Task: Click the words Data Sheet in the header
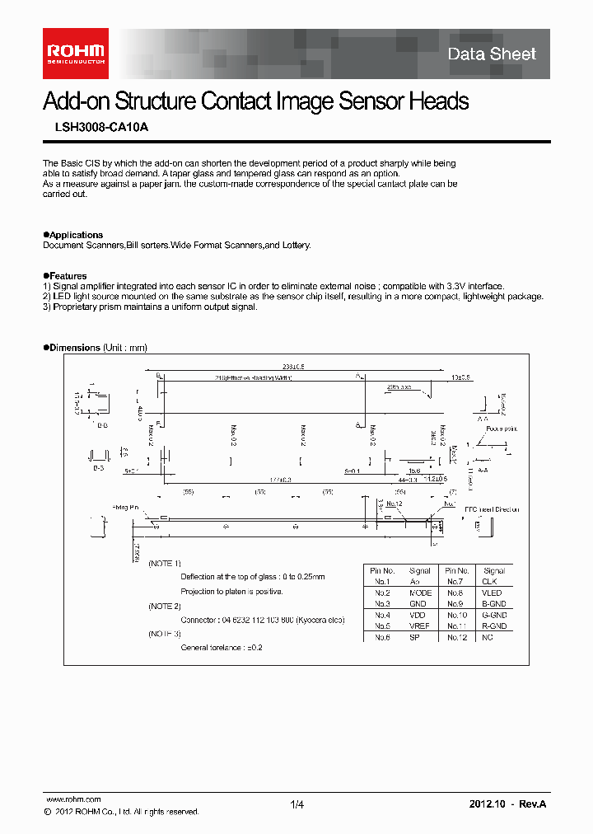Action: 492,54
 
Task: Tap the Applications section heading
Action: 75,235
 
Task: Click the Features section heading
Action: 68,276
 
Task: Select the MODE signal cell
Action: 420,593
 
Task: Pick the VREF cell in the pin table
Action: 420,626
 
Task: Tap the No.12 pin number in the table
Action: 457,637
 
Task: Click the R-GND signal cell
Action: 494,626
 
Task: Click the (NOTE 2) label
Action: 165,606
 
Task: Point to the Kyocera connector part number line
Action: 262,620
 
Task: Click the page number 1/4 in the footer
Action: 297,804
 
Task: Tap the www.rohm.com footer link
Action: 73,799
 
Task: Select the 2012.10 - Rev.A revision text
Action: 507,804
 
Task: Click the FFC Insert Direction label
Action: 492,509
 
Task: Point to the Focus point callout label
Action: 501,429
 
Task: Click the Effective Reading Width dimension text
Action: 254,377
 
